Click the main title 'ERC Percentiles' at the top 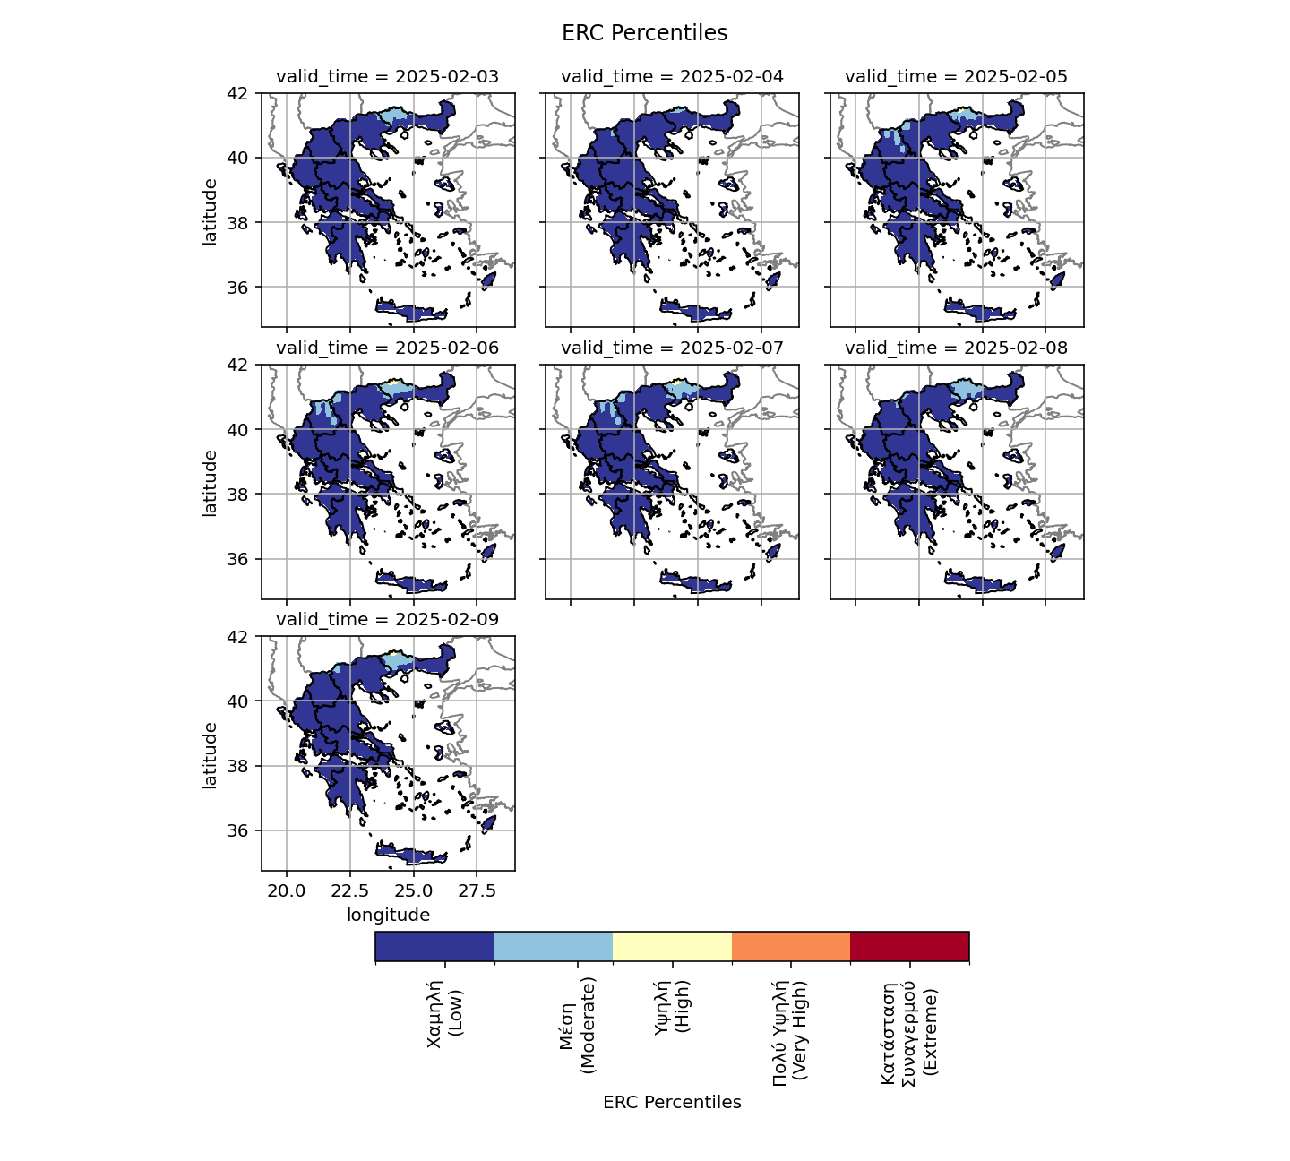coord(644,33)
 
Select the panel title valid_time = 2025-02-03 coord(388,77)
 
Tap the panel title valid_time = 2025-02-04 coord(672,77)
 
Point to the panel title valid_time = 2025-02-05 coord(956,77)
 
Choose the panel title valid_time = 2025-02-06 coord(388,348)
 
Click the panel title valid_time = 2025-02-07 coord(672,348)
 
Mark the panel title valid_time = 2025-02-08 coord(956,348)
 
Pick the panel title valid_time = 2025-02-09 coord(388,620)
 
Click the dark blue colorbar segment coord(434,946)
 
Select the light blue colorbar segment coord(554,946)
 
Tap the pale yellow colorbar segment coord(672,946)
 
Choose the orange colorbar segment coord(791,946)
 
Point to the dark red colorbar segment coord(909,946)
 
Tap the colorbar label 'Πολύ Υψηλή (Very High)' coord(790,1032)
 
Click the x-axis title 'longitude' coord(388,916)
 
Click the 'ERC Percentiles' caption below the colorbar coord(672,1103)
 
